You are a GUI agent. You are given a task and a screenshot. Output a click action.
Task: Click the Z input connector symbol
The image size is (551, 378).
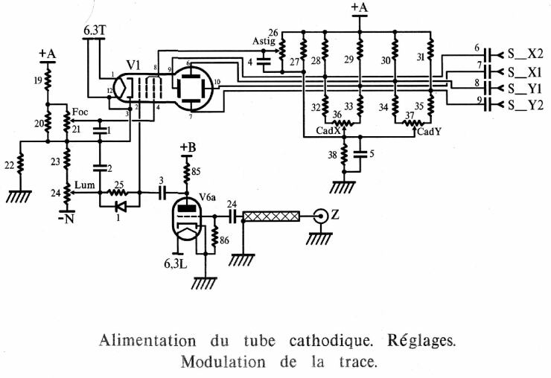(322, 216)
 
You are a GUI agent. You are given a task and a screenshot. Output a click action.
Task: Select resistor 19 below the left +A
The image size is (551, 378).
(48, 80)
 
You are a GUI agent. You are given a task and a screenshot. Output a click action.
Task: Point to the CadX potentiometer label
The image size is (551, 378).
(328, 131)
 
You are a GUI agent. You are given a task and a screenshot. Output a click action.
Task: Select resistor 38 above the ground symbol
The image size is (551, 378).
(345, 156)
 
